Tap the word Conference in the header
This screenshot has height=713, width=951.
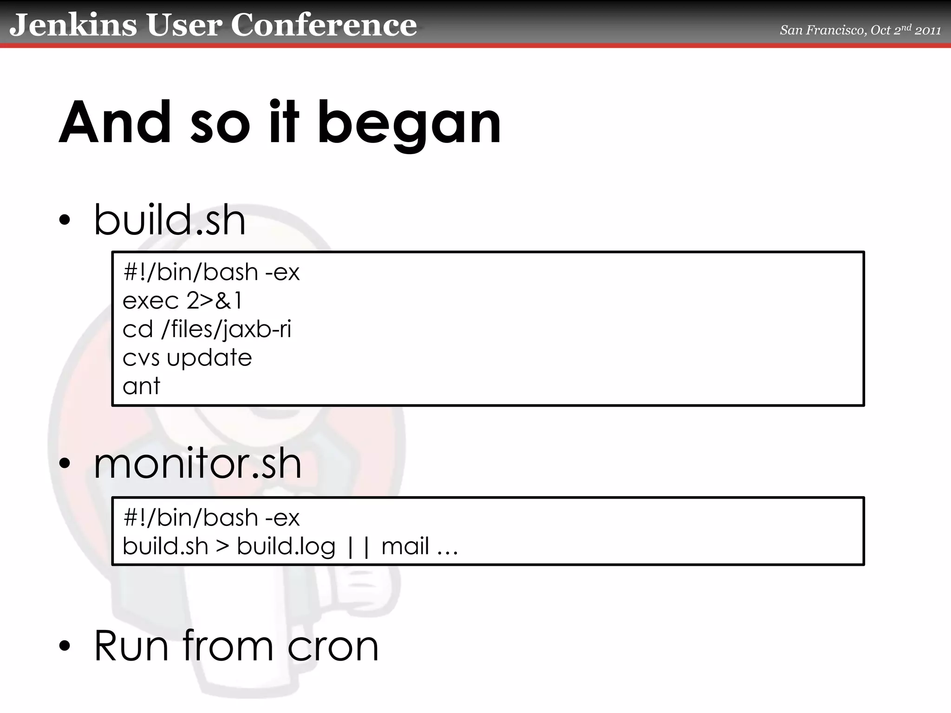click(324, 25)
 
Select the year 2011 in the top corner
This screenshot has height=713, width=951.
click(927, 31)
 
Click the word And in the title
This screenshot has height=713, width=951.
click(115, 123)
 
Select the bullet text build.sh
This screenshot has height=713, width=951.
click(169, 220)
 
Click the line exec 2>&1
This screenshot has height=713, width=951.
click(182, 301)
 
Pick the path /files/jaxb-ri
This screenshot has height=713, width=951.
click(226, 330)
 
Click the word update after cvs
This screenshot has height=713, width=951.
click(209, 358)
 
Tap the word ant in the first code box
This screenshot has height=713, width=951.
click(141, 386)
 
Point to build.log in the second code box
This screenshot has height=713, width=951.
click(286, 546)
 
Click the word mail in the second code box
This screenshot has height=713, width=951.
click(405, 546)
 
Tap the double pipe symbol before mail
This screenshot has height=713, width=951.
click(358, 547)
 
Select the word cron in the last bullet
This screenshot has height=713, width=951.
click(333, 646)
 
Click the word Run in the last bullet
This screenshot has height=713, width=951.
click(131, 646)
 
